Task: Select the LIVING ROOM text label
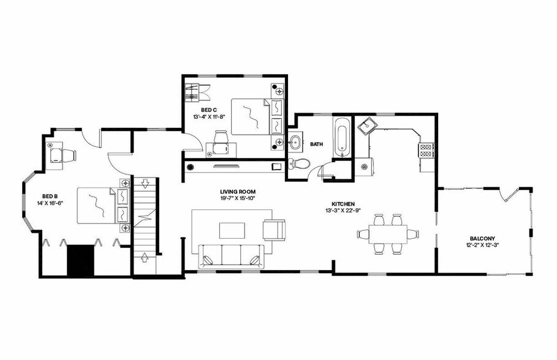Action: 237,192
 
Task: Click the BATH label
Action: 317,145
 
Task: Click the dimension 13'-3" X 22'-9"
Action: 344,211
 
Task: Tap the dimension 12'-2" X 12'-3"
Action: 483,246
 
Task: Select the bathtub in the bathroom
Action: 341,139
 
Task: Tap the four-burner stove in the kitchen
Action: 426,150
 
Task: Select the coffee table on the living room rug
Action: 232,230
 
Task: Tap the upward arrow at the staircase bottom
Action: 145,256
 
